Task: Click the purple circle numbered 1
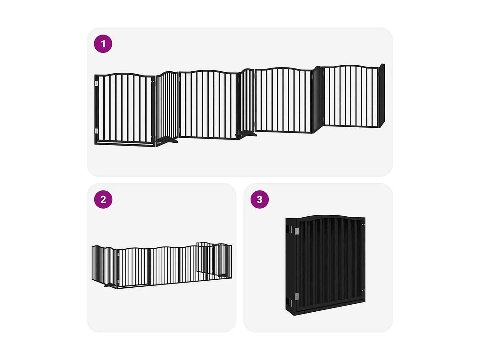pyautogui.click(x=103, y=44)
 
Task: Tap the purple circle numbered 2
pyautogui.click(x=103, y=199)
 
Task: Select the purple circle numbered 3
pyautogui.click(x=260, y=199)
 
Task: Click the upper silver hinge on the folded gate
pyautogui.click(x=297, y=231)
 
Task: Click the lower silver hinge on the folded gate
pyautogui.click(x=297, y=296)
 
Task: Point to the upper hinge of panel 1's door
pyautogui.click(x=96, y=84)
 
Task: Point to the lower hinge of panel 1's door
pyautogui.click(x=96, y=131)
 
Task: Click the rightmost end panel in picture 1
pyautogui.click(x=382, y=96)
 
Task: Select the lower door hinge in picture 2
pyautogui.click(x=118, y=281)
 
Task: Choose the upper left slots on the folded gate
pyautogui.click(x=289, y=230)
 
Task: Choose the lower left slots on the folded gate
pyautogui.click(x=289, y=301)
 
